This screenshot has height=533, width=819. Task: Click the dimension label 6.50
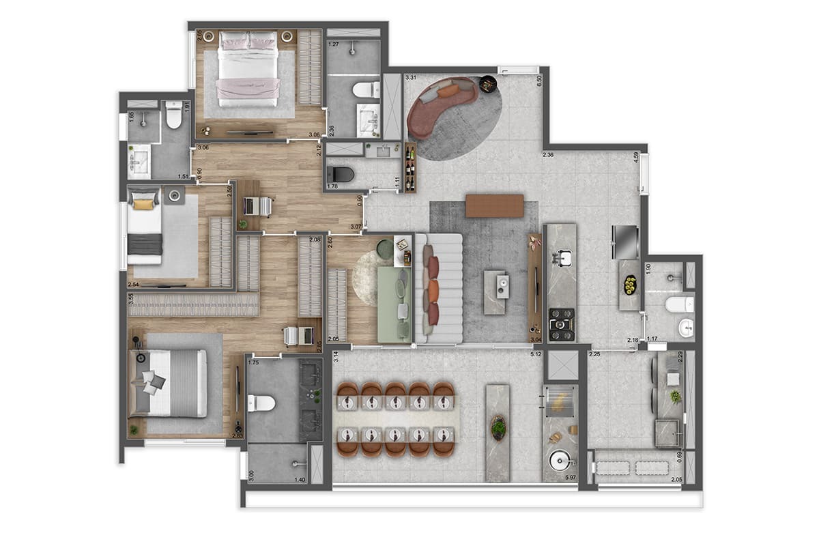[x=539, y=78]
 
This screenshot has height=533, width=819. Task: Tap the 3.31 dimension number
[x=411, y=78]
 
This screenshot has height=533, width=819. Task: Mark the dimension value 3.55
[x=130, y=298]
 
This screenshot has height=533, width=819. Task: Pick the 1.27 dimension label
[x=334, y=44]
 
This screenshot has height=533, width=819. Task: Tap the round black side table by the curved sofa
[x=489, y=84]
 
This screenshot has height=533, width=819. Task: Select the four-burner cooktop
[x=562, y=324]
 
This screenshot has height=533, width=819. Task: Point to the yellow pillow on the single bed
[x=143, y=202]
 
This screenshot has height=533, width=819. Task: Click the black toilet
[x=341, y=175]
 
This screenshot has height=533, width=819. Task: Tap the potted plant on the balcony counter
[x=499, y=428]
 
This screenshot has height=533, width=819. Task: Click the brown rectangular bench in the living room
[x=495, y=205]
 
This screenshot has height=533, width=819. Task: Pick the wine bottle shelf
[x=409, y=167]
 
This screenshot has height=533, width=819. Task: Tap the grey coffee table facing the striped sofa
[x=495, y=292]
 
